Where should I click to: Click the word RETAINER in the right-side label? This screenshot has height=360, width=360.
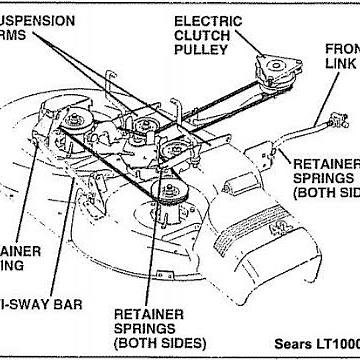[325, 164]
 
